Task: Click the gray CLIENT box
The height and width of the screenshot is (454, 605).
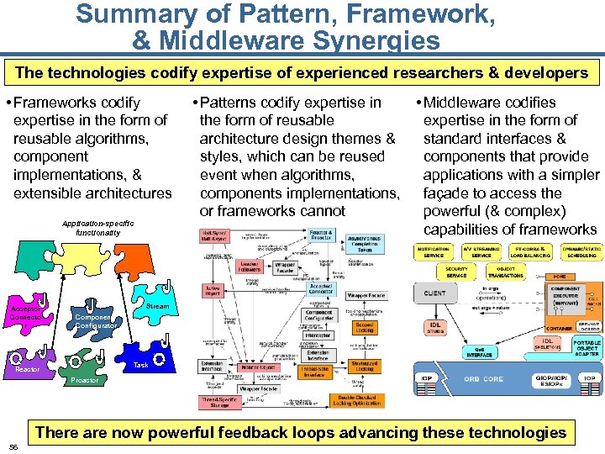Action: pyautogui.click(x=434, y=293)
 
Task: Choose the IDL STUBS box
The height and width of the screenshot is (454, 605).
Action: pyautogui.click(x=434, y=326)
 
